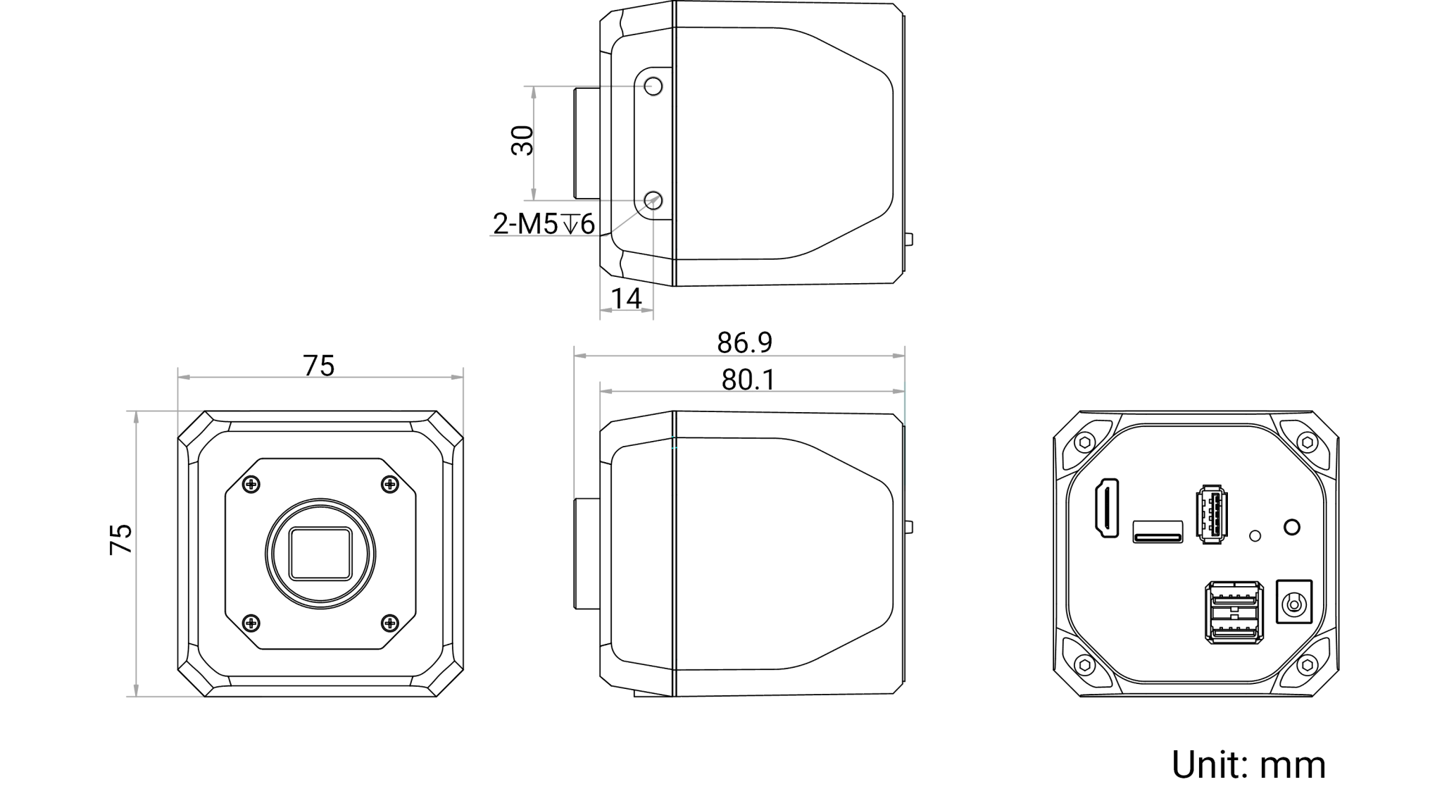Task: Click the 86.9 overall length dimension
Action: pyautogui.click(x=745, y=343)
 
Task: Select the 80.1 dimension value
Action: pyautogui.click(x=748, y=381)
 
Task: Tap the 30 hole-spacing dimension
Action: pyautogui.click(x=522, y=140)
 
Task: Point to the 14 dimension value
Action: pyautogui.click(x=627, y=299)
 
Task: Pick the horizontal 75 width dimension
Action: pyautogui.click(x=318, y=366)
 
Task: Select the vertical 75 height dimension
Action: pyautogui.click(x=121, y=539)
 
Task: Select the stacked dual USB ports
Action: pyautogui.click(x=1232, y=613)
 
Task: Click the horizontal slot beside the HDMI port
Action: pyautogui.click(x=1158, y=530)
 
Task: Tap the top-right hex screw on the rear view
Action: pyautogui.click(x=1308, y=441)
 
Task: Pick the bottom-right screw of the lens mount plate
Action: pyautogui.click(x=389, y=621)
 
